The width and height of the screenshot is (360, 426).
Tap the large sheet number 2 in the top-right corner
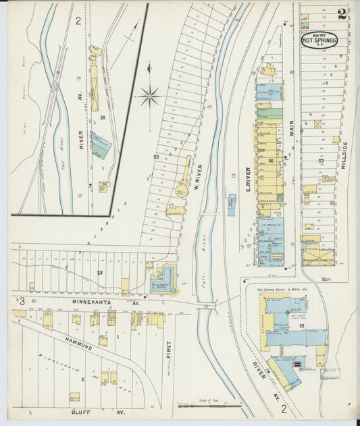(x=342, y=14)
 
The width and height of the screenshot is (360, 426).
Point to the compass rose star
(x=149, y=96)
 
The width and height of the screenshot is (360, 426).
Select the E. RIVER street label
(x=248, y=177)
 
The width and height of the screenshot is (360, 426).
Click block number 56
(x=271, y=161)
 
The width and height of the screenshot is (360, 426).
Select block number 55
(x=155, y=157)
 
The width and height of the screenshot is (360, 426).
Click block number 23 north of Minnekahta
(x=99, y=273)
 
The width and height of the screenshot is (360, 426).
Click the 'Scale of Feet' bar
(x=209, y=406)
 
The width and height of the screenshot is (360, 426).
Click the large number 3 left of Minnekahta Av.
(x=22, y=300)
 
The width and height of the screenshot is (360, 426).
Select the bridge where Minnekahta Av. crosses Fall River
(x=207, y=306)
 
